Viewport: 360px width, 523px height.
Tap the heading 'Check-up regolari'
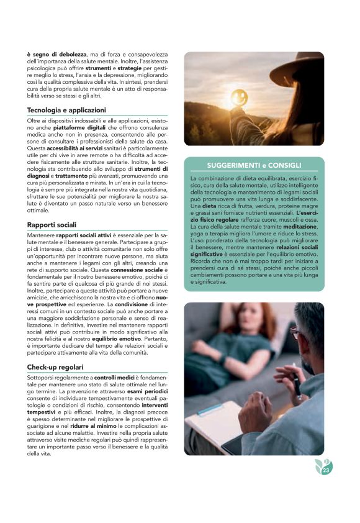coord(55,367)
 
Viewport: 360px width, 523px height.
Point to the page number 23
coord(325,471)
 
